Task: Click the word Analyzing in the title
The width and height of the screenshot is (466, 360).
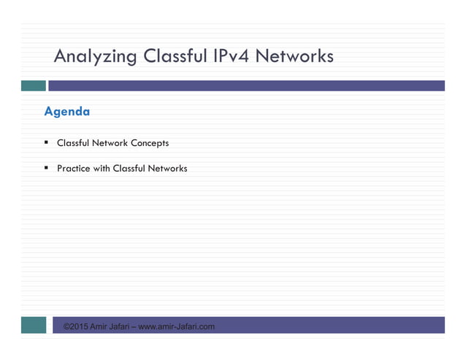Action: [x=96, y=57]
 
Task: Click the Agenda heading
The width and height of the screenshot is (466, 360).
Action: [x=67, y=112]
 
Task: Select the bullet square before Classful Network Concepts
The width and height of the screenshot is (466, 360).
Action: [x=46, y=142]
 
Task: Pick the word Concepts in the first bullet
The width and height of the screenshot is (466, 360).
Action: [x=151, y=143]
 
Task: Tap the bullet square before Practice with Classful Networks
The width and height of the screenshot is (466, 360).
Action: [x=46, y=168]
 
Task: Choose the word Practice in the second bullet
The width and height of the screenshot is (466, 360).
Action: [x=74, y=169]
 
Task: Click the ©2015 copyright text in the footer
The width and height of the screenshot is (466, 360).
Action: [x=75, y=326]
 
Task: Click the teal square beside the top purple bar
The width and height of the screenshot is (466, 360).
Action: [x=33, y=85]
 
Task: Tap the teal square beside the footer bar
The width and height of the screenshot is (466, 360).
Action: [x=33, y=325]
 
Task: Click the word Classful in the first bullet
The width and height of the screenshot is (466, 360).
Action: [x=74, y=143]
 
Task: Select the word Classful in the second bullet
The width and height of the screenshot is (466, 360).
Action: [x=130, y=169]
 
